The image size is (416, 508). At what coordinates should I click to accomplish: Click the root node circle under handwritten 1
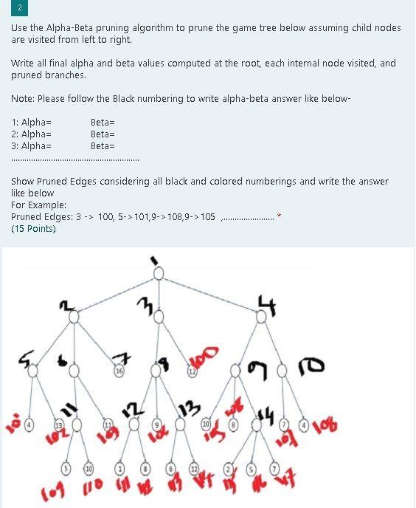(157, 272)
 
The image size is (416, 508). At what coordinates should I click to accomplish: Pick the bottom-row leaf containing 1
(119, 468)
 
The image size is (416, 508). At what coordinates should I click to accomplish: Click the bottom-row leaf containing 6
(170, 468)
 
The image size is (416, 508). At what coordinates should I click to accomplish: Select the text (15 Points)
(33, 229)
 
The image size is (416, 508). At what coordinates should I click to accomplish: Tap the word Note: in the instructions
(23, 99)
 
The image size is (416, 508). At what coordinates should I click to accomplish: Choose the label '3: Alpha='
(31, 146)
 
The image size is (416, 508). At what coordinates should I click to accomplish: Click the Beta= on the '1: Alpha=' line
(103, 123)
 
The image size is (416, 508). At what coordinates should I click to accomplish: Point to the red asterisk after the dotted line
(279, 216)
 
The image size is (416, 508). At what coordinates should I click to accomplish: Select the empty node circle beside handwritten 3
(157, 317)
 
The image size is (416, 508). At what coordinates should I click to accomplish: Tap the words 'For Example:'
(38, 205)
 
